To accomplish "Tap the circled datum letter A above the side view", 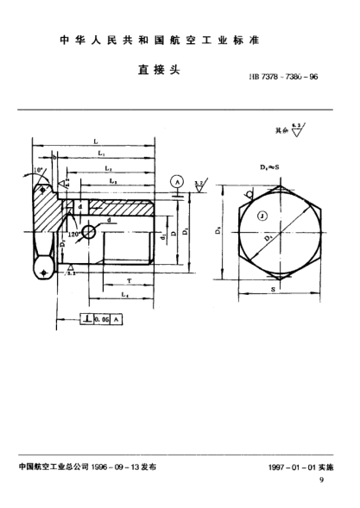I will pyautogui.click(x=176, y=182).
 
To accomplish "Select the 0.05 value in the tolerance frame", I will pyautogui.click(x=104, y=319).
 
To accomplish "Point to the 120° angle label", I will pyautogui.click(x=74, y=234).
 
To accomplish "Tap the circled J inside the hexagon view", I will pyautogui.click(x=261, y=215).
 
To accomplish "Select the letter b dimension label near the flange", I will pyautogui.click(x=54, y=158).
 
